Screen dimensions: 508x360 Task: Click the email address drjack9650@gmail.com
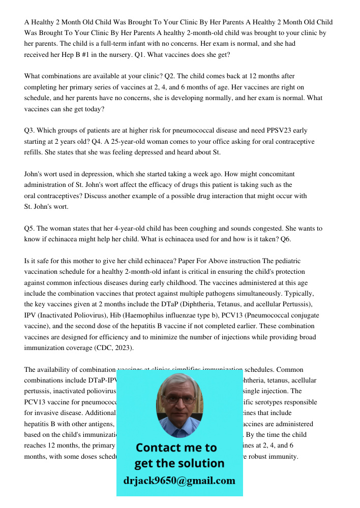[179, 481]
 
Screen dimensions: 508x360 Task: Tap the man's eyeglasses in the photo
[179, 400]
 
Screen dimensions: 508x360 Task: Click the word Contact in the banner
[158, 448]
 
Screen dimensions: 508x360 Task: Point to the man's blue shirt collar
[179, 430]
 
